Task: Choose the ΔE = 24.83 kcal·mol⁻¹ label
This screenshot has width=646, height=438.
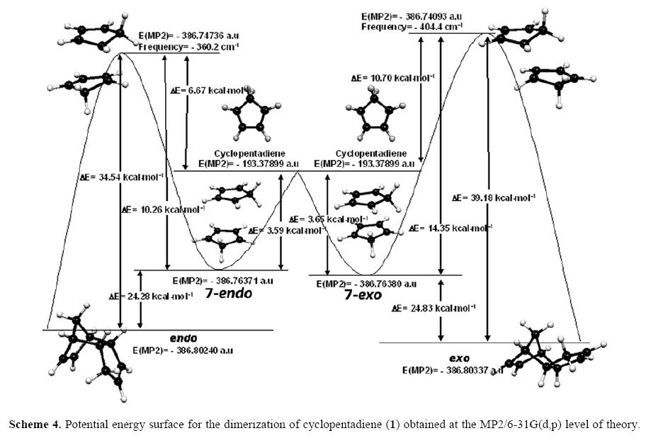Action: click(x=433, y=309)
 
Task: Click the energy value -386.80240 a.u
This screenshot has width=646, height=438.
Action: click(x=183, y=350)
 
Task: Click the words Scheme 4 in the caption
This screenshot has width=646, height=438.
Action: click(x=32, y=425)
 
